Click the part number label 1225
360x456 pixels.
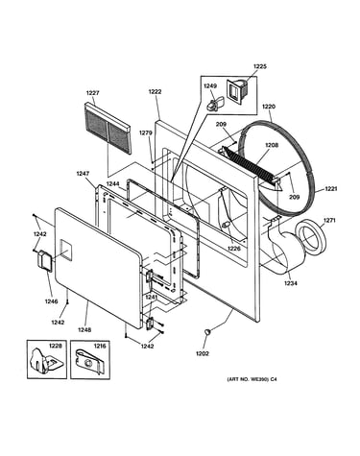[260, 66]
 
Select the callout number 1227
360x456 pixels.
[92, 93]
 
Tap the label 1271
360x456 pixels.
[329, 220]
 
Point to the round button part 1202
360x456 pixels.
[208, 332]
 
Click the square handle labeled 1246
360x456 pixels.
[45, 260]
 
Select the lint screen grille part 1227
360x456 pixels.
[108, 129]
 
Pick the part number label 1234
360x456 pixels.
[291, 283]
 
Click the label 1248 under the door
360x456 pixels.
[85, 329]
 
